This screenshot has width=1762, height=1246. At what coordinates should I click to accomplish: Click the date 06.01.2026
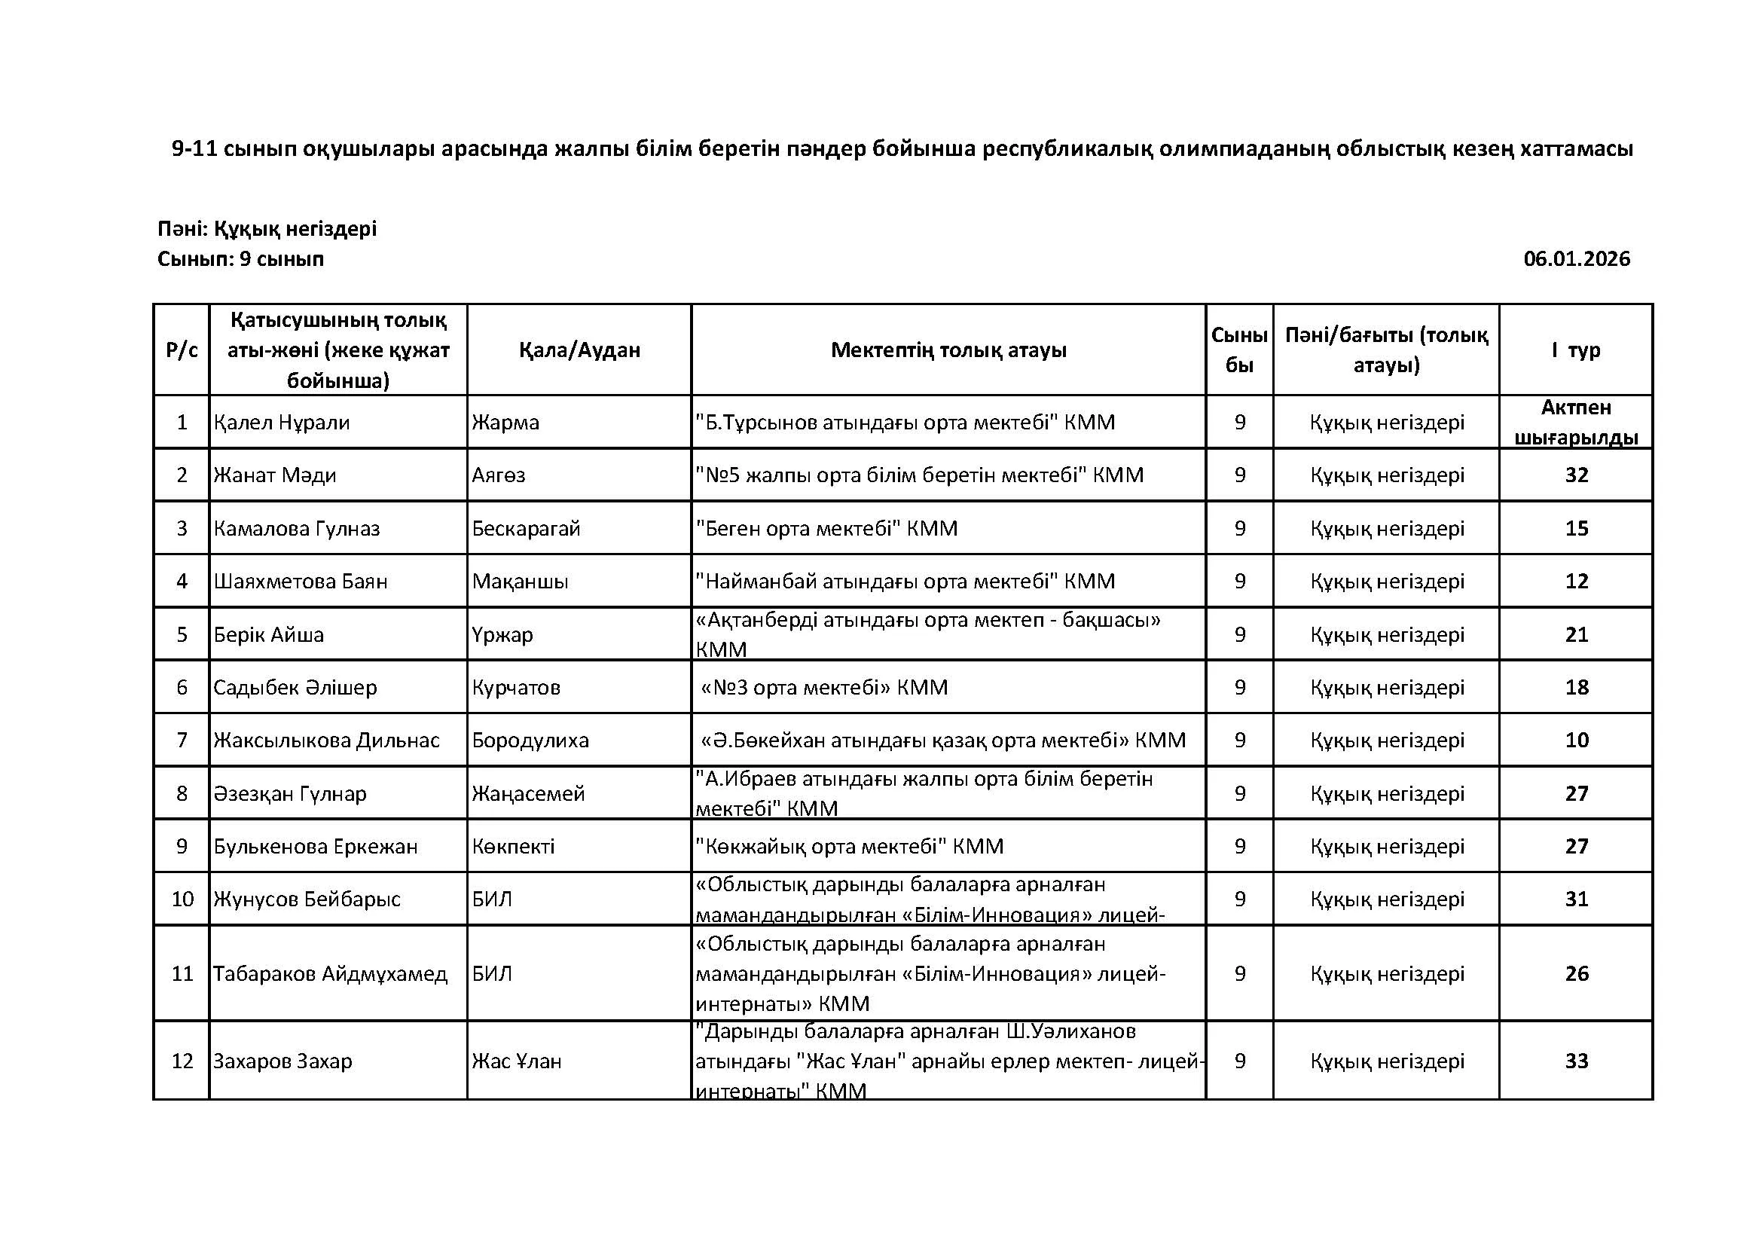1576,259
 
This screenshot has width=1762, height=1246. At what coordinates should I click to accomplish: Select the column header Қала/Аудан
579,350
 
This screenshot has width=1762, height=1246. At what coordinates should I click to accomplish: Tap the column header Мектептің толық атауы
948,350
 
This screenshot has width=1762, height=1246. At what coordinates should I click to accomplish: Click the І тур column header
1575,350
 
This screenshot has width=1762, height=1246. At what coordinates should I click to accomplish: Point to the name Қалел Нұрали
282,423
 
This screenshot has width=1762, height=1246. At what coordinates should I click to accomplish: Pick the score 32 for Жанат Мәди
1576,475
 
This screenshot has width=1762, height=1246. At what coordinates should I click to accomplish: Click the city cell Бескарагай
526,529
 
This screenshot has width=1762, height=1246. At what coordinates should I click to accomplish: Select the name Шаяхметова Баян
301,582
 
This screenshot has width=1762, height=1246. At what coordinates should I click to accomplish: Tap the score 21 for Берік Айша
1576,634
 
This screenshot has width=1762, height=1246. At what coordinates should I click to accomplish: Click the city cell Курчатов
516,688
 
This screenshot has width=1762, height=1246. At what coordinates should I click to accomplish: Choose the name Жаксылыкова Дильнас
327,741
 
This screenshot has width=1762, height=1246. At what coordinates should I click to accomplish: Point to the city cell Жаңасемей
528,793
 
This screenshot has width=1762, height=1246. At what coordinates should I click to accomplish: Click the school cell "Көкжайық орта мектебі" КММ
850,846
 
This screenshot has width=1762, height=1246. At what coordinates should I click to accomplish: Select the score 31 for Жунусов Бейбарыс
1576,899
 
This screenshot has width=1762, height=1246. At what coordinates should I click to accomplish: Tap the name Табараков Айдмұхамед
330,974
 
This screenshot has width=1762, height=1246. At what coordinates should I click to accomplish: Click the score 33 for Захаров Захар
1576,1061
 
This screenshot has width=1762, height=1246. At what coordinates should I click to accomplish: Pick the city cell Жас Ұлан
517,1061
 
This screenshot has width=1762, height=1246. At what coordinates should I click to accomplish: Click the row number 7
182,741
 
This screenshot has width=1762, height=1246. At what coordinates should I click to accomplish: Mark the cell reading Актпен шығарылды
1576,423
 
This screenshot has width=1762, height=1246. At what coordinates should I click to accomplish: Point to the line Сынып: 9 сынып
241,259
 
